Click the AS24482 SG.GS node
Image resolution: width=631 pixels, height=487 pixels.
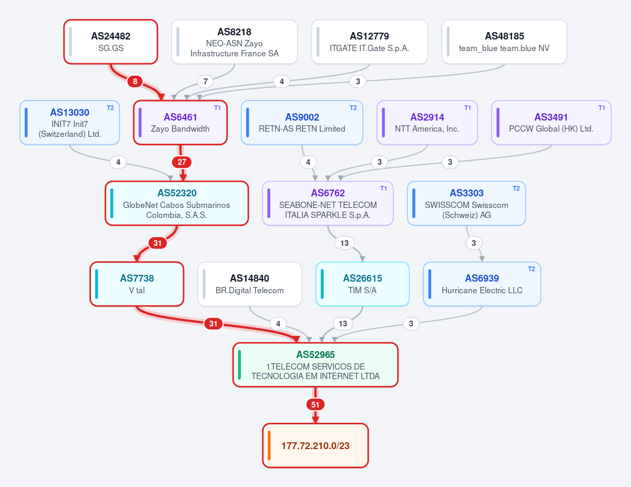pyautogui.click(x=110, y=42)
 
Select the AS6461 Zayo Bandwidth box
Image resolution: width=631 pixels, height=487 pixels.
pyautogui.click(x=180, y=122)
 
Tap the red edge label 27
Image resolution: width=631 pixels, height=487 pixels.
pyautogui.click(x=182, y=162)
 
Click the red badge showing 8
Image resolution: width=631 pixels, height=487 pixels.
pyautogui.click(x=135, y=82)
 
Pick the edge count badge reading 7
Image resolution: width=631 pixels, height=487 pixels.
pyautogui.click(x=206, y=82)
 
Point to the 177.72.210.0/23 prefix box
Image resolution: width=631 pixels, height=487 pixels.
pyautogui.click(x=315, y=445)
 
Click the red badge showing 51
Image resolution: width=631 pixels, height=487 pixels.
pyautogui.click(x=315, y=404)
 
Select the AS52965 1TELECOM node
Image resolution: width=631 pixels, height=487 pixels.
pyautogui.click(x=315, y=365)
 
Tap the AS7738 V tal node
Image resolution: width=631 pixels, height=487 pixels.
pyautogui.click(x=137, y=284)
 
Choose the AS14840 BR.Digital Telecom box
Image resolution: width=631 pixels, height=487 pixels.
pyautogui.click(x=250, y=284)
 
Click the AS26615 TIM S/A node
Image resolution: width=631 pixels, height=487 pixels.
pyautogui.click(x=362, y=284)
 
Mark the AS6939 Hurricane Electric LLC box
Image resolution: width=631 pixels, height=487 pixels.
pyautogui.click(x=482, y=284)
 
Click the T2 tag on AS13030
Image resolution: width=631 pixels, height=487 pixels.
pyautogui.click(x=110, y=108)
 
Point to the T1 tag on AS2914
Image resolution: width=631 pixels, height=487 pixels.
pyautogui.click(x=467, y=108)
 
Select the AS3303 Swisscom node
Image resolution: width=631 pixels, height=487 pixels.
pyautogui.click(x=466, y=203)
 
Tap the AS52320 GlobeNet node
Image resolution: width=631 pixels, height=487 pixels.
pyautogui.click(x=177, y=203)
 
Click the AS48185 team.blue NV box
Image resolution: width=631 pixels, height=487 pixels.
pyautogui.click(x=504, y=42)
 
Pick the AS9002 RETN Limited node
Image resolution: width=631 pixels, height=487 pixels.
pyautogui.click(x=302, y=122)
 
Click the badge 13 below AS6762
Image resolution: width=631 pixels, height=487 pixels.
pyautogui.click(x=344, y=243)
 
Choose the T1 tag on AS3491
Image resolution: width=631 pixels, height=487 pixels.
pyautogui.click(x=602, y=108)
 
